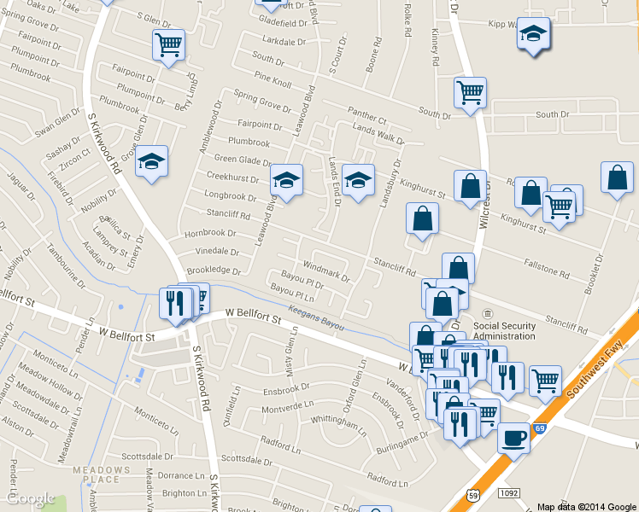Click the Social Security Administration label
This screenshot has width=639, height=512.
[x=504, y=330]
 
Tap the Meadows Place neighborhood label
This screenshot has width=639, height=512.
[x=95, y=474]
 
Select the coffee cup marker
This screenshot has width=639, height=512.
[x=513, y=439]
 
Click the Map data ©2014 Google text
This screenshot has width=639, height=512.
[x=586, y=506]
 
